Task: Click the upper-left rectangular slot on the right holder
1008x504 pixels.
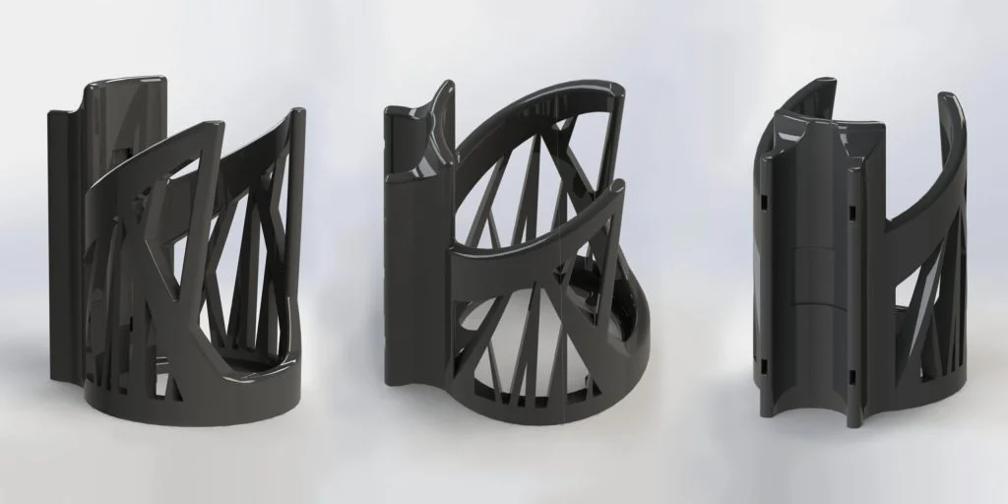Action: pos(764,201)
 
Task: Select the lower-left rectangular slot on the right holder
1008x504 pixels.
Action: pos(764,366)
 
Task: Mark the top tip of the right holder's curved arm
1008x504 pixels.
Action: pos(950,98)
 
